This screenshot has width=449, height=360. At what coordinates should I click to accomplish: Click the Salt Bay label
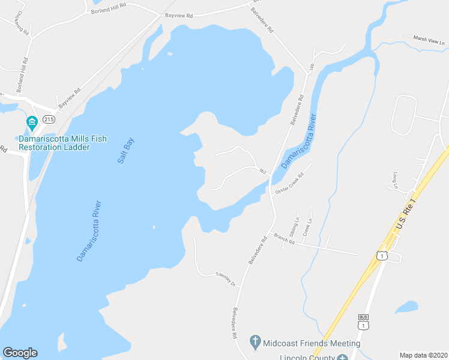126,152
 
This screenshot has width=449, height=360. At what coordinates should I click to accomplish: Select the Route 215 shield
49,120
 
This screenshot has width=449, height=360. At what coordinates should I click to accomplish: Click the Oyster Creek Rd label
289,184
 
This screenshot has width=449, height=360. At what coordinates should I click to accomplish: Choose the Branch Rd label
284,239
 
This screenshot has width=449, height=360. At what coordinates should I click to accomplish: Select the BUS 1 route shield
363,323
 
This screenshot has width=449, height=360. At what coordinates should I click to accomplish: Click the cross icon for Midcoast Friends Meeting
255,343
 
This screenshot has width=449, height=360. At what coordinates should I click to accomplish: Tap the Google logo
20,352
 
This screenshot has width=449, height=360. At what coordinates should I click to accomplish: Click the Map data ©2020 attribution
423,355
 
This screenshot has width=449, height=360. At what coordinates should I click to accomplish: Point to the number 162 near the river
262,172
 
